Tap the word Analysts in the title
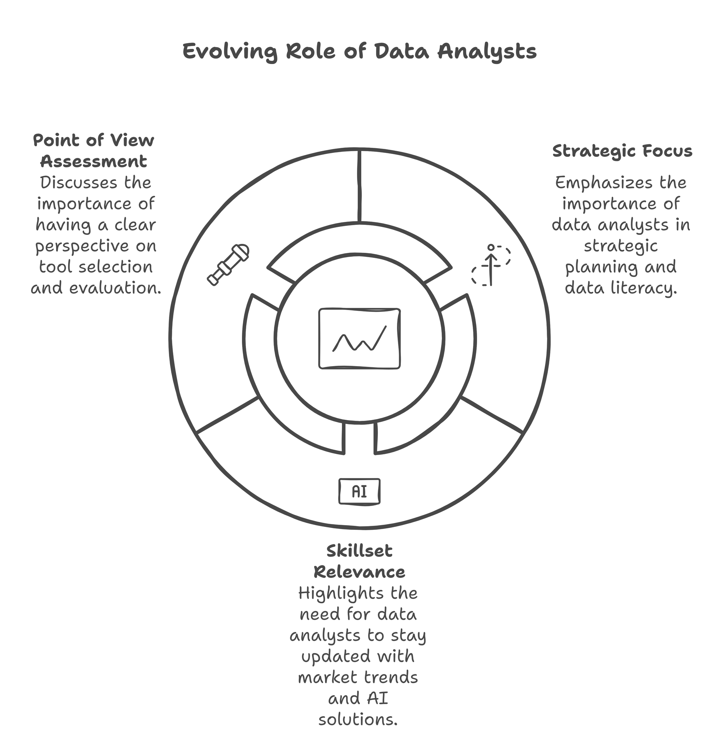point(487,52)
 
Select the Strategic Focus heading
point(622,151)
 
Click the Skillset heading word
point(359,551)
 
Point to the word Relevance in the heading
point(359,572)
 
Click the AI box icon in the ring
point(359,491)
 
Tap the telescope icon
point(228,264)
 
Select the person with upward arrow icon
point(491,265)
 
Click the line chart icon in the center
point(359,338)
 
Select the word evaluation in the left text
point(115,288)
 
